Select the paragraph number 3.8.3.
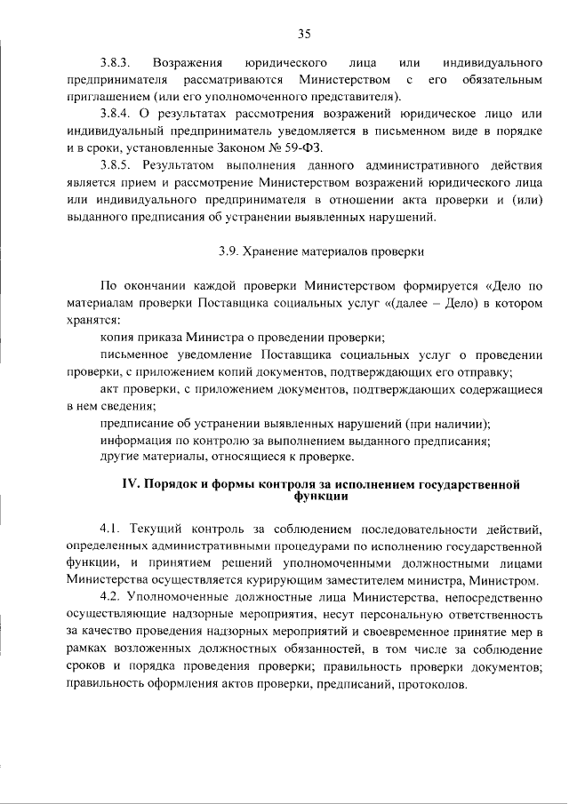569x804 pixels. pos(116,63)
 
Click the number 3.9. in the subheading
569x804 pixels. pos(229,251)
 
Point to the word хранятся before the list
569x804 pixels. pos(92,320)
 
